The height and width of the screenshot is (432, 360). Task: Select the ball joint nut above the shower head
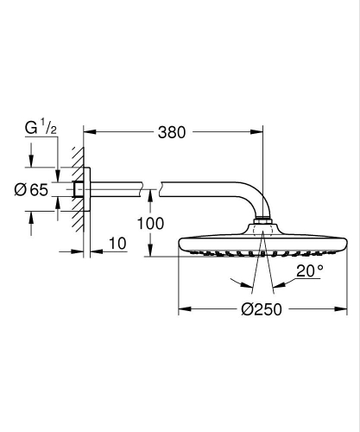(264, 228)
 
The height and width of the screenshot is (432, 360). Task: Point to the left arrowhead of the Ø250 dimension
(183, 308)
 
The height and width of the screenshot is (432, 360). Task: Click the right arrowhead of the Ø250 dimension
(345, 308)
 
